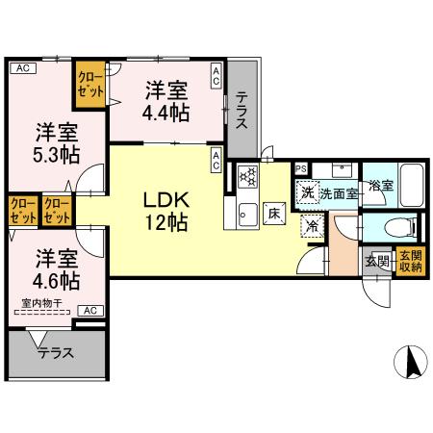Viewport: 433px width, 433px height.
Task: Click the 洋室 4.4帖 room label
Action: click(x=166, y=101)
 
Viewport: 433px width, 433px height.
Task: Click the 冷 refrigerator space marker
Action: click(x=313, y=227)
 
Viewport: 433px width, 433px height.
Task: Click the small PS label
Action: click(x=300, y=168)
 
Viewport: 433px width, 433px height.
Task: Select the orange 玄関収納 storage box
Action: click(x=409, y=261)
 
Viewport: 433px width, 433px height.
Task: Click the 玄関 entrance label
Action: click(x=376, y=261)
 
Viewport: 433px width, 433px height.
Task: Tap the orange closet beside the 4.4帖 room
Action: click(x=91, y=82)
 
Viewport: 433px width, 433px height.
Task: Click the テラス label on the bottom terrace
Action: click(x=56, y=353)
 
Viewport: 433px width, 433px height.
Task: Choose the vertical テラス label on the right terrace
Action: click(x=243, y=114)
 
